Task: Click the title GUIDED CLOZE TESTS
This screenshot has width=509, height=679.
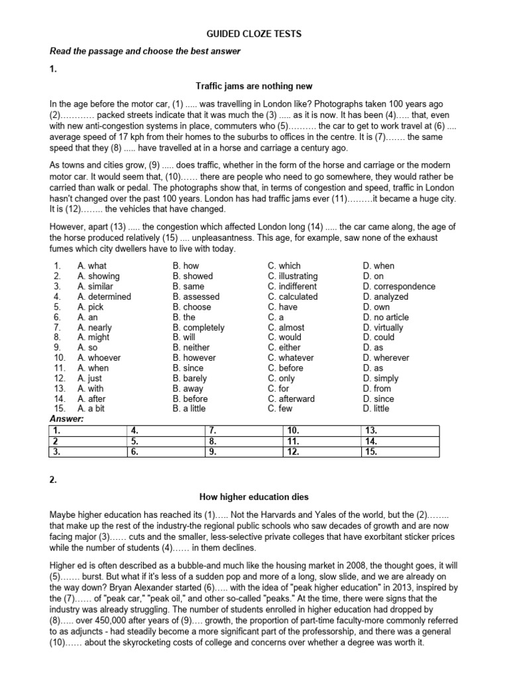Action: coord(254,33)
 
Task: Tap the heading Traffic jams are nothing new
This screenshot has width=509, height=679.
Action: coord(254,86)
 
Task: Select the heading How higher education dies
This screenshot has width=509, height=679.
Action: coord(254,497)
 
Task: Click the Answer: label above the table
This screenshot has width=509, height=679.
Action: coord(67,419)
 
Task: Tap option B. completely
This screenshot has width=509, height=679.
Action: coord(198,328)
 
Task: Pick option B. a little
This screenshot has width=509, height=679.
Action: coord(188,408)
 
